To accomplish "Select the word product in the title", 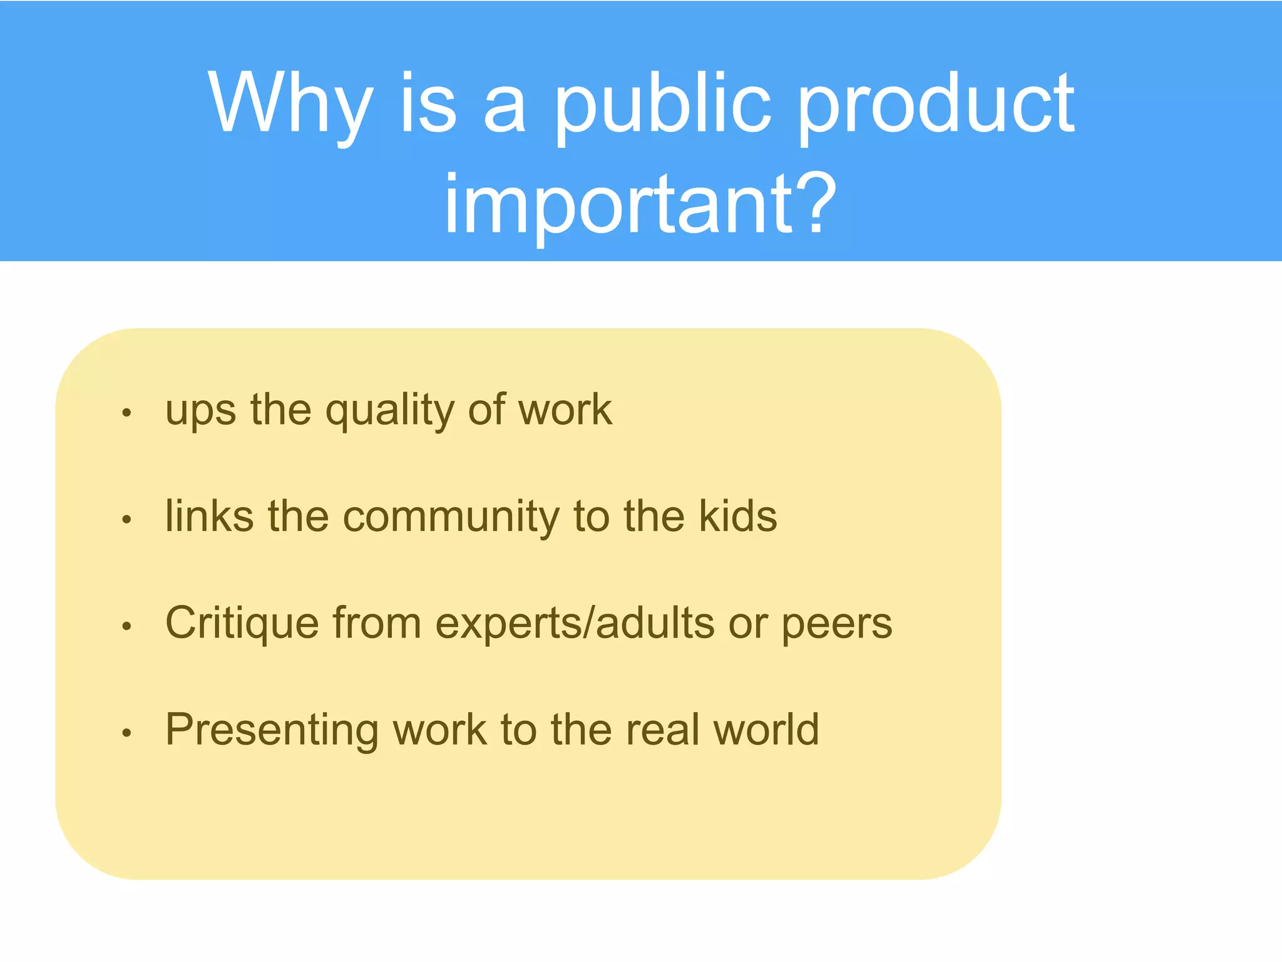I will [937, 104].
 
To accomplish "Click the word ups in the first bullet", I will [201, 410].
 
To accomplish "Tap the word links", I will [209, 516].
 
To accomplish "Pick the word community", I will [451, 517].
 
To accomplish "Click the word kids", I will [738, 516].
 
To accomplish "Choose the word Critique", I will [242, 623].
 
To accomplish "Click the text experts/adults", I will [575, 623].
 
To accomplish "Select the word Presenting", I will [272, 730].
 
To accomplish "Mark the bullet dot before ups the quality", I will [127, 412].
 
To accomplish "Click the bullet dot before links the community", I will [127, 519].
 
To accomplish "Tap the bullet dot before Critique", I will [127, 625].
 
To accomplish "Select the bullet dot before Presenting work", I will [127, 732].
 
